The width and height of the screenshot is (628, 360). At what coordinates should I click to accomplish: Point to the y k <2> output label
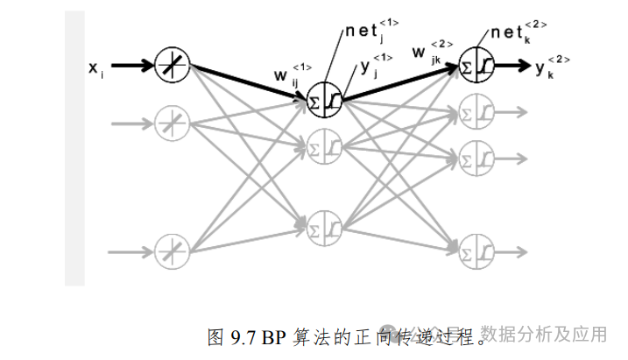coord(553,67)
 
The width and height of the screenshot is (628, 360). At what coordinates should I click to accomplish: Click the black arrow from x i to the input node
coord(131,65)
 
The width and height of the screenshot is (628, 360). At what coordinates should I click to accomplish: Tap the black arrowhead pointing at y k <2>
coord(523,65)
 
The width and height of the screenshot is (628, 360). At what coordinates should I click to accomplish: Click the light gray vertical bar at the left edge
coord(74,149)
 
